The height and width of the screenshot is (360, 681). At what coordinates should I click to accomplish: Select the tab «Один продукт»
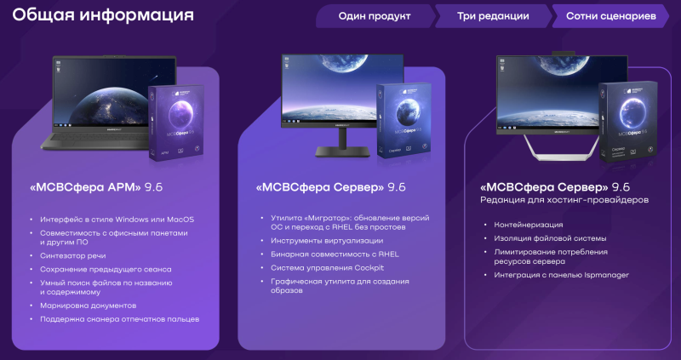point(374,15)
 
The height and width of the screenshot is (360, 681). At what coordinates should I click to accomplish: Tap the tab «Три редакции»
point(493,15)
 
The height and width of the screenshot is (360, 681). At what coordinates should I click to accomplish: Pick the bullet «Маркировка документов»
point(88,305)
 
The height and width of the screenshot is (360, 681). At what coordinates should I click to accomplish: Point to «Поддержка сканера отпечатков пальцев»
point(119,318)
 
